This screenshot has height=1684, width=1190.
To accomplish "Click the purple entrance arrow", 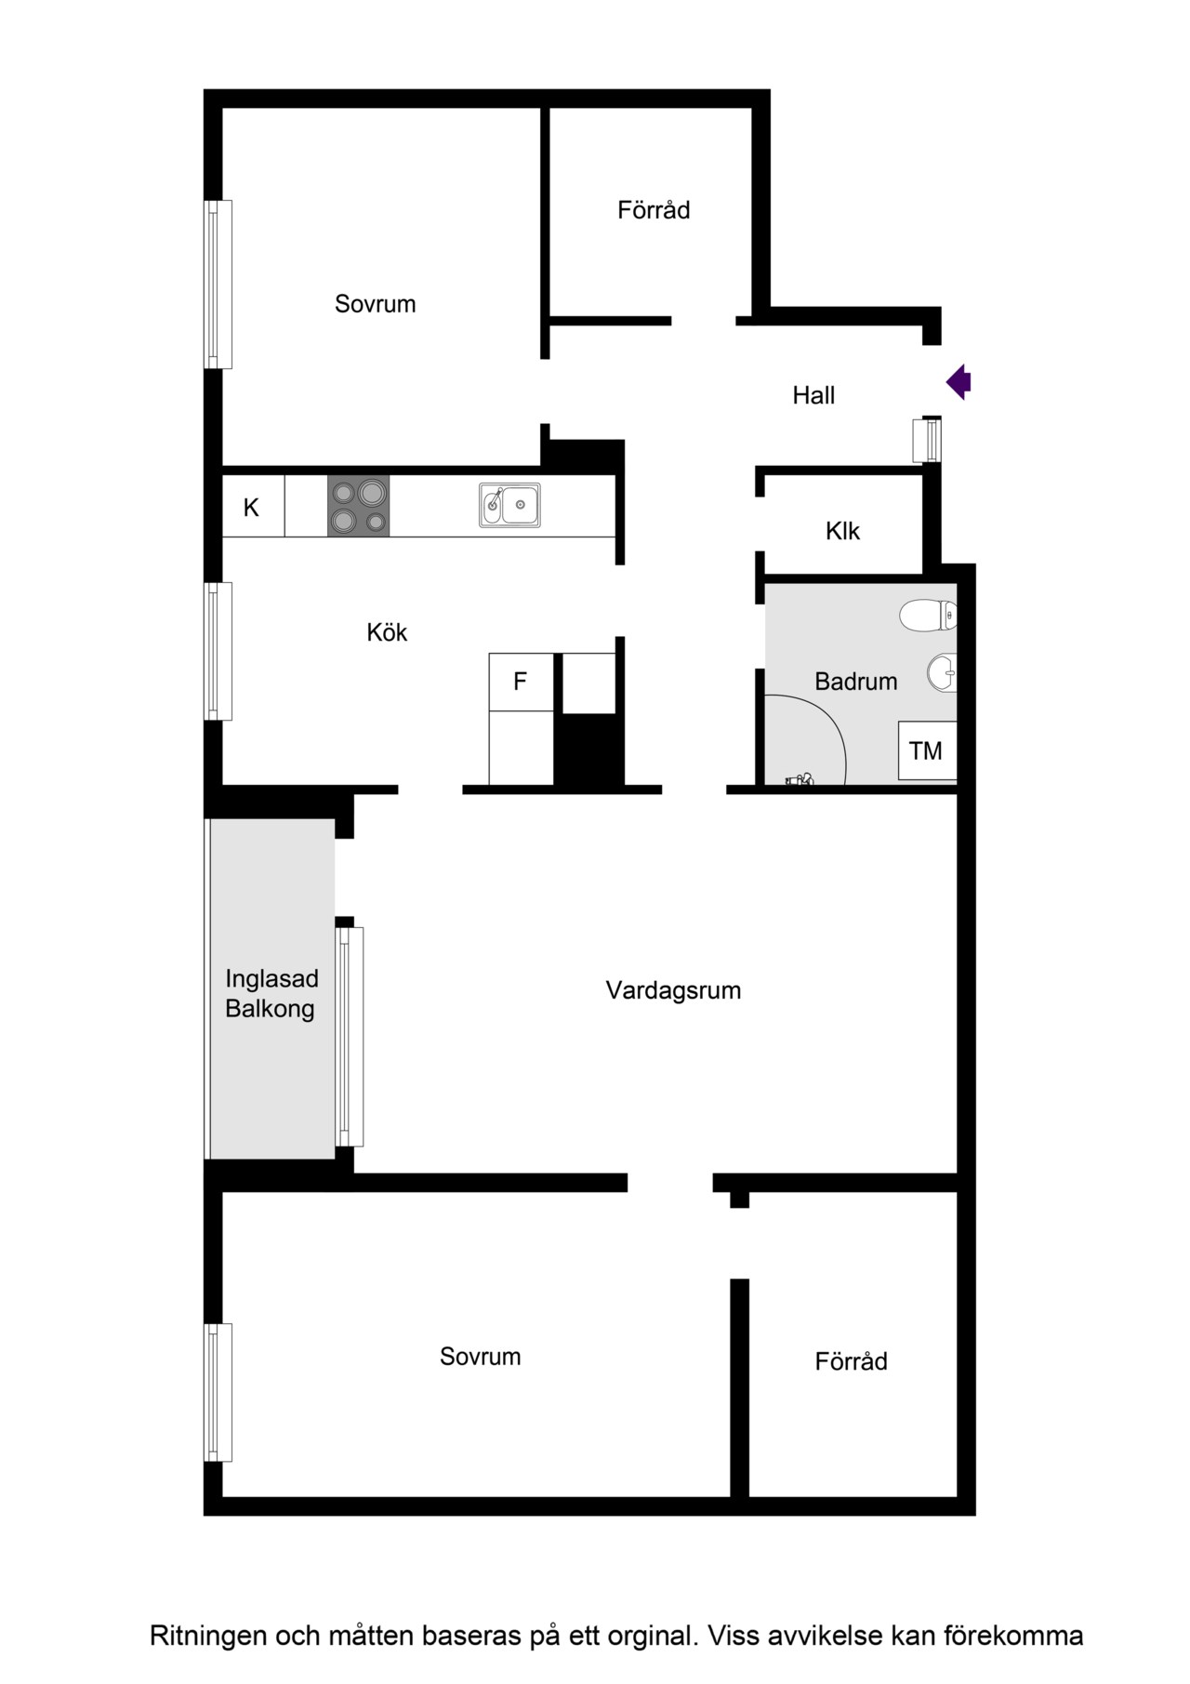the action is pos(959,381).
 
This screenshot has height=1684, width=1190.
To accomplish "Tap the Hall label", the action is pos(813,395).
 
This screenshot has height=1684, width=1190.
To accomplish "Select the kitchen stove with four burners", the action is pos(358,506).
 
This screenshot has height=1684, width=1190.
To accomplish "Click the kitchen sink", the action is pos(509,505).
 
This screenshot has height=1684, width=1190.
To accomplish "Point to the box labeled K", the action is pos(253,507).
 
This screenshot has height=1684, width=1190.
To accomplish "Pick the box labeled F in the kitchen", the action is pos(521,682).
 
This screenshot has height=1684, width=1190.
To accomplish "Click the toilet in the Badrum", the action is pos(929,615).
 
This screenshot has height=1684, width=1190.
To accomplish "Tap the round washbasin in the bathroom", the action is pos(942,673).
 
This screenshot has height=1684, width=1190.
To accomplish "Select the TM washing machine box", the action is pos(927,750).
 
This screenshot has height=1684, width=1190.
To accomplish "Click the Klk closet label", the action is pos(842,531).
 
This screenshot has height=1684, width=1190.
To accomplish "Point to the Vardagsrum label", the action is pos(673,990).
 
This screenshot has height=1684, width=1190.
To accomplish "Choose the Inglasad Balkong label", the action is pos(271,993).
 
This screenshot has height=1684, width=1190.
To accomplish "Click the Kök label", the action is pos(387,632).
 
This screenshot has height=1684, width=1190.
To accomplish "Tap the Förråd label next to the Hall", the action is pos(654,209).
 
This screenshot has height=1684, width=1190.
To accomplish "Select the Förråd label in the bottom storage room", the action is pos(851,1360).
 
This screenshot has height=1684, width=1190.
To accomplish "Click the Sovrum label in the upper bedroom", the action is pos(375,304).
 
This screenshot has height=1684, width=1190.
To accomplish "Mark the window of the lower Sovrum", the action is pos(218,1392).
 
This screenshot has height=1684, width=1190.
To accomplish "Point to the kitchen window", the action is pos(218,651).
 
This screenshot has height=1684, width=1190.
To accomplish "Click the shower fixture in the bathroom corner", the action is pos(800,779).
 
